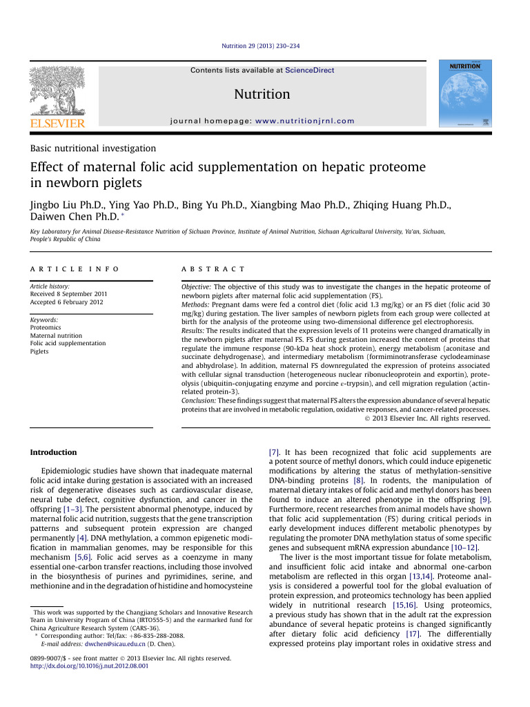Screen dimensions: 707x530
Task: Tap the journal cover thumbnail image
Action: pos(461,94)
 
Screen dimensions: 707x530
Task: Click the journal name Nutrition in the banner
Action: pos(262,94)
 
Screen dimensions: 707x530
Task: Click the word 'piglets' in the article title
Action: pos(121,184)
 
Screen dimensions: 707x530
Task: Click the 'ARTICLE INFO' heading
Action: pos(75,268)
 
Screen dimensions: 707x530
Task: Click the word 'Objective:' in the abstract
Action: pos(196,286)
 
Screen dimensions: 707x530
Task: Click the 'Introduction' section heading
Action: pos(54,452)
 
